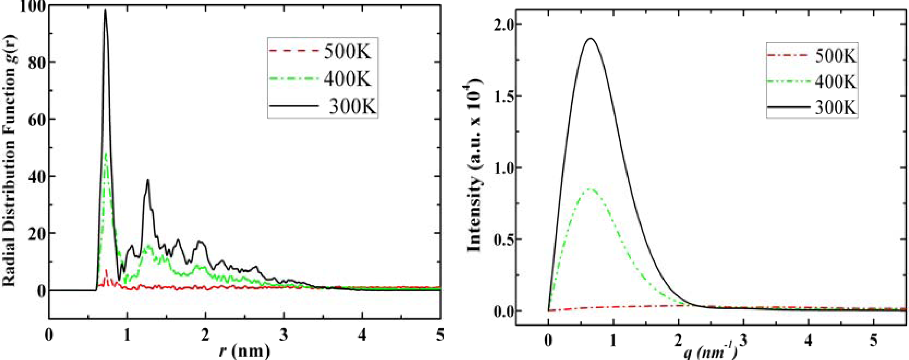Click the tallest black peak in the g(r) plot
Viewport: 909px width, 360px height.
[105, 10]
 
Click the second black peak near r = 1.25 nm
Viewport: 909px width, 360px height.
[148, 180]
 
